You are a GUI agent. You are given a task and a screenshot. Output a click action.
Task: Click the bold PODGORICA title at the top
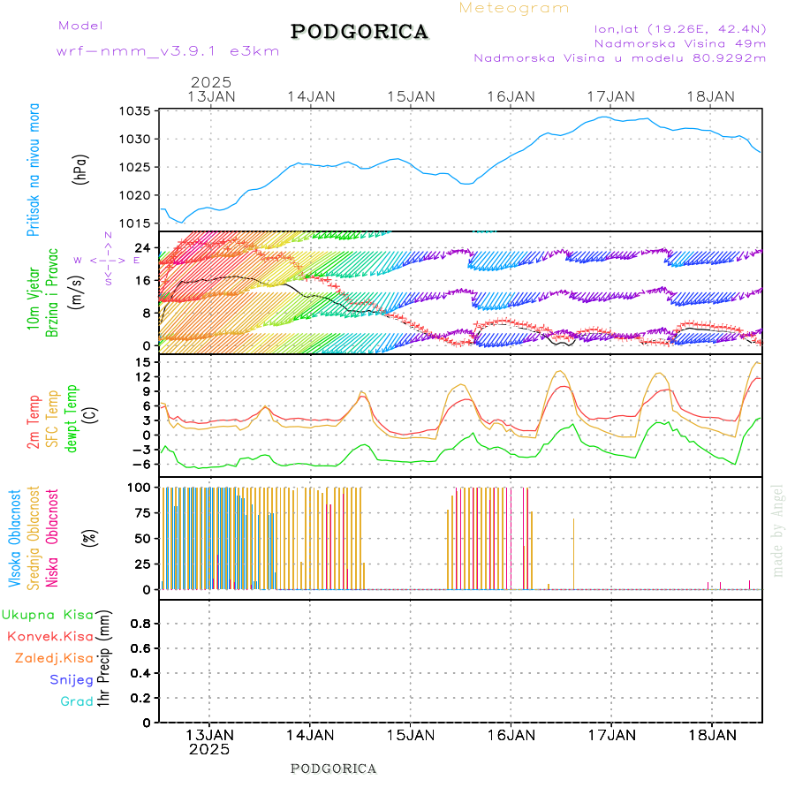coord(360,32)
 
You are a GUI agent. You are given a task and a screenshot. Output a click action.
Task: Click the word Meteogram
coord(514,8)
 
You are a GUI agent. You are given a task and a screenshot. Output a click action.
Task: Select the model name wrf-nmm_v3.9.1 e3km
coord(168,51)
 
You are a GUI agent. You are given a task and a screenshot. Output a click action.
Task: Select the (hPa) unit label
coord(80,168)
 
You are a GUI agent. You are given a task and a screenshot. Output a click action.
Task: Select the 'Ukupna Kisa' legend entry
coord(48,614)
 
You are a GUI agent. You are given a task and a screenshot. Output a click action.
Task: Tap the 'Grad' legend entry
coord(77,701)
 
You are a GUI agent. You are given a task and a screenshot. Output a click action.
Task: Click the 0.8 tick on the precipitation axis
coord(140,623)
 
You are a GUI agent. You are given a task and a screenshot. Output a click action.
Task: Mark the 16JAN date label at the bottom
coord(511,735)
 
